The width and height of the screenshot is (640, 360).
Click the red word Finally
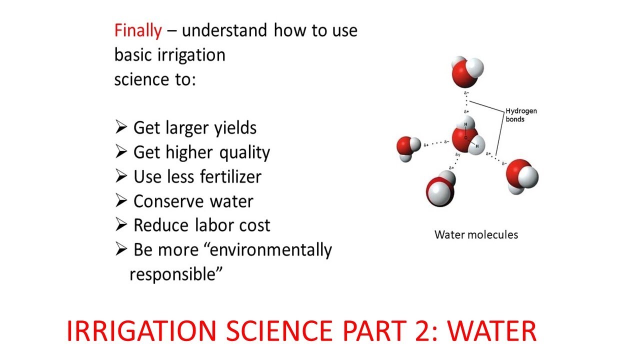[x=138, y=31]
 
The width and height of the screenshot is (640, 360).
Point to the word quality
[x=245, y=152]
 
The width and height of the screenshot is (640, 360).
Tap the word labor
[x=218, y=225]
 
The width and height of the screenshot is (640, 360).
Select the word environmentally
[x=270, y=249]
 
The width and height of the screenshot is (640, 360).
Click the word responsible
[x=175, y=273]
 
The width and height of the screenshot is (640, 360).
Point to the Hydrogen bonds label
[x=520, y=115]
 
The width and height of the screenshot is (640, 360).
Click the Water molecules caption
[x=476, y=234]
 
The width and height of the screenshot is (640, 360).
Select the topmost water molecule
[x=466, y=71]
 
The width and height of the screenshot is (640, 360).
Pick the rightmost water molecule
[x=521, y=175]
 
